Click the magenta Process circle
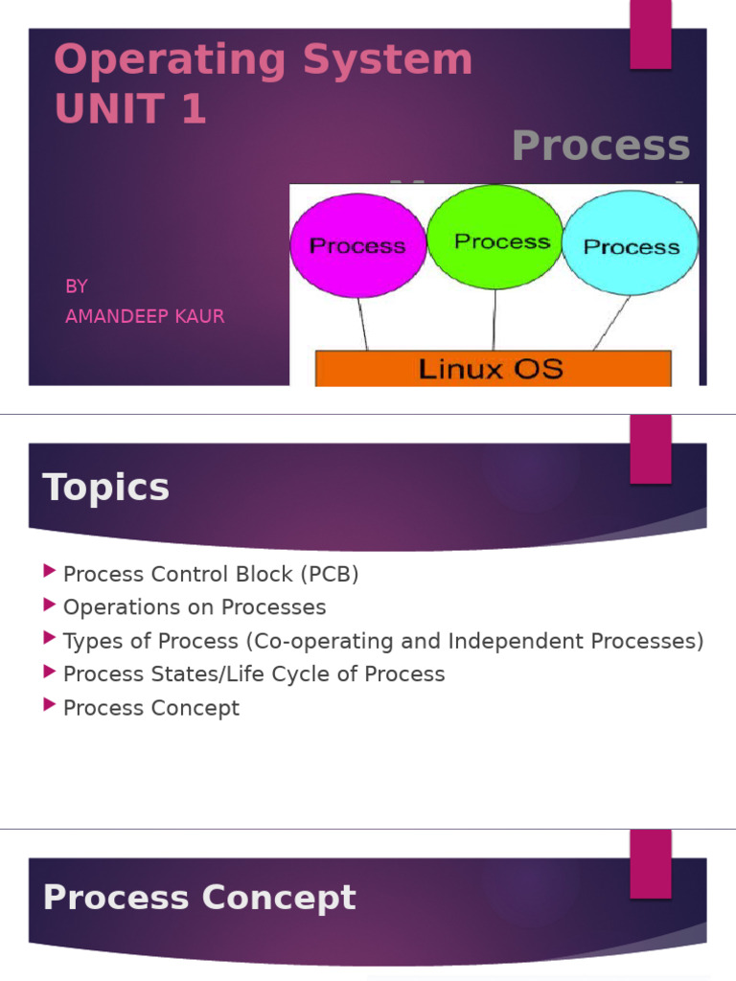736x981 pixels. click(x=357, y=245)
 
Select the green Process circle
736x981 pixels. click(x=495, y=237)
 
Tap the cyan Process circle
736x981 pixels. click(x=631, y=243)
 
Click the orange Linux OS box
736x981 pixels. click(x=493, y=368)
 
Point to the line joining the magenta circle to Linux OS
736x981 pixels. click(x=363, y=323)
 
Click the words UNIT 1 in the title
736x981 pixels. click(x=130, y=109)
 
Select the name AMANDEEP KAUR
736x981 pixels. click(x=145, y=316)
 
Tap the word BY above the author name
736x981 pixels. click(x=77, y=286)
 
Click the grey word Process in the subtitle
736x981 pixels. click(x=601, y=146)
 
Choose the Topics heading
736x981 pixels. click(x=106, y=488)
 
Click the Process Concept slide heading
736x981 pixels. click(x=199, y=898)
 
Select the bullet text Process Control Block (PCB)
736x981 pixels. click(x=211, y=575)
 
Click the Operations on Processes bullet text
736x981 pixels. click(x=195, y=607)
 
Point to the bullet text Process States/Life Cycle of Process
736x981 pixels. click(x=254, y=674)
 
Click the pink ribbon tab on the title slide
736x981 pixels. click(x=650, y=35)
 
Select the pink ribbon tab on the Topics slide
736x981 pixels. click(x=650, y=450)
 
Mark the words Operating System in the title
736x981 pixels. click(x=264, y=60)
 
